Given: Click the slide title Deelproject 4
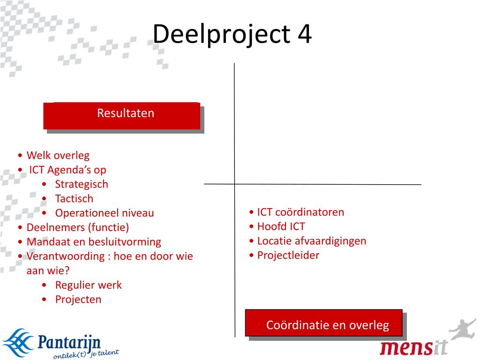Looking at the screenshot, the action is coord(232,34).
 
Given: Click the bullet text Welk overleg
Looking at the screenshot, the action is coord(58,155).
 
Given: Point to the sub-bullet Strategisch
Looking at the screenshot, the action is coord(81,184).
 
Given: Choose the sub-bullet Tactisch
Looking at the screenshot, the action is coord(74,198).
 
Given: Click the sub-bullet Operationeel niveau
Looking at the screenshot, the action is coord(104,213).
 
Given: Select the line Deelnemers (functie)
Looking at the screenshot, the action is coord(77,227).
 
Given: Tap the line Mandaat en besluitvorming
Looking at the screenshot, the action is coord(94,242).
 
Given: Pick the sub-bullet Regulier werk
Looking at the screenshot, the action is coord(88,285).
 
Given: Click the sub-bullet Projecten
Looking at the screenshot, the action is coord(78,299).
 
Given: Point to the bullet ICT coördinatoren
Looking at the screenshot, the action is coord(300,212).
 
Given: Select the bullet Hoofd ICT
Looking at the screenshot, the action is coord(281,226).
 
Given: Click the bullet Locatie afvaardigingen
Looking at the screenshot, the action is coord(311,241).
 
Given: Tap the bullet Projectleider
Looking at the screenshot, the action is coord(288,255).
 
